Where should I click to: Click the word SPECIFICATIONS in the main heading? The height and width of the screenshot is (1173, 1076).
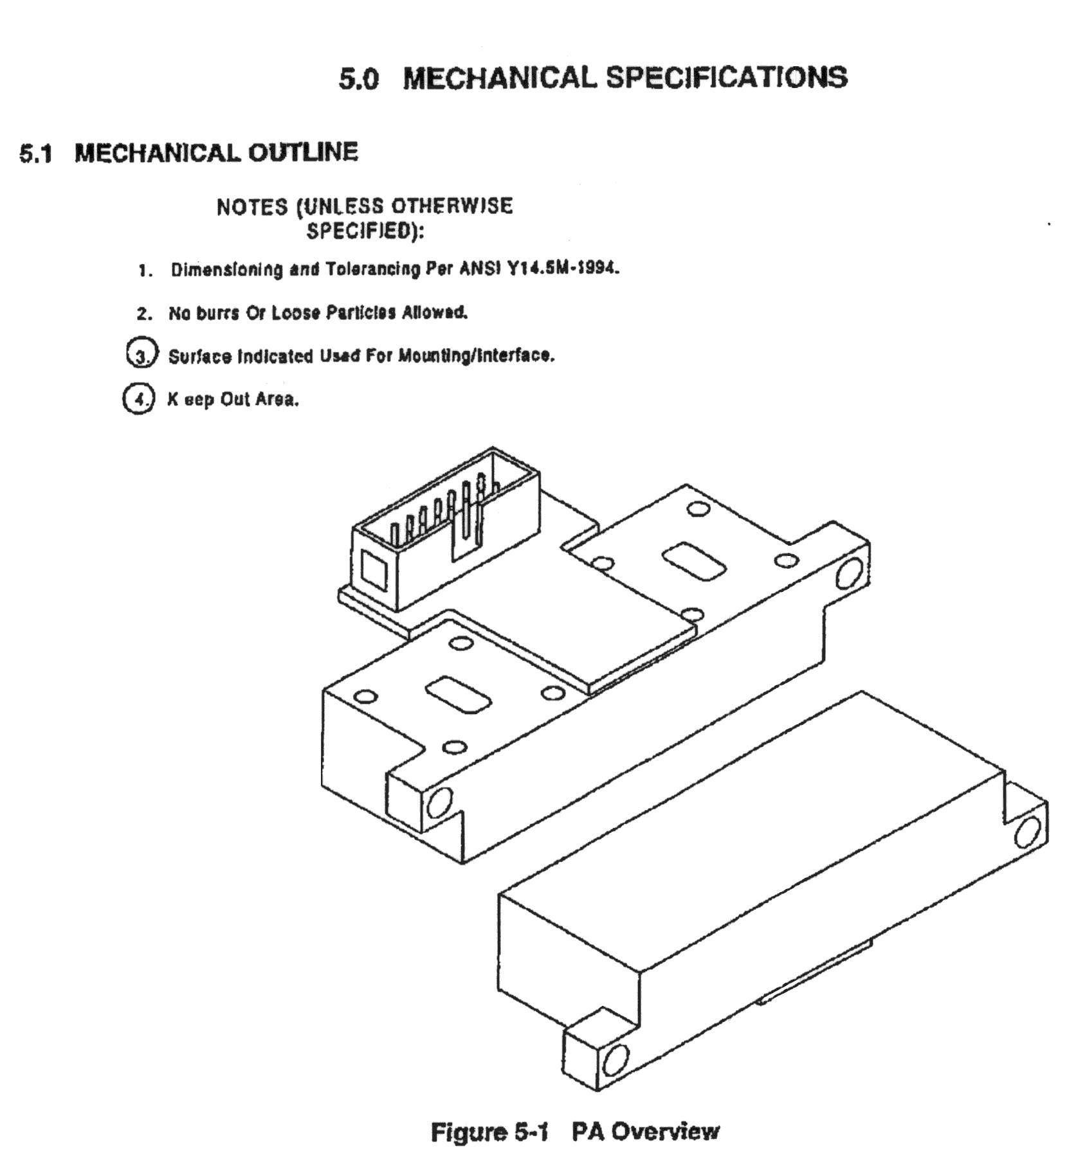click(x=727, y=78)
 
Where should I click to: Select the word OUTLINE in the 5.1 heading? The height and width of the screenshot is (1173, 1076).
click(x=303, y=152)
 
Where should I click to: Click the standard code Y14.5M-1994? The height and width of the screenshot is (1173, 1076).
click(x=563, y=267)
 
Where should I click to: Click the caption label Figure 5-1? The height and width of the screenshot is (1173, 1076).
click(x=489, y=1131)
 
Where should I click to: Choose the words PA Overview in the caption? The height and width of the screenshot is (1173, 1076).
click(x=646, y=1131)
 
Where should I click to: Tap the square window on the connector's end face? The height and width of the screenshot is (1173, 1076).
click(x=374, y=571)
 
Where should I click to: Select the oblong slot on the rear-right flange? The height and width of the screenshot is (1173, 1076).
click(x=693, y=561)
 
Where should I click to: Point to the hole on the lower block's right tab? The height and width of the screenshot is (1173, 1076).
click(x=1026, y=832)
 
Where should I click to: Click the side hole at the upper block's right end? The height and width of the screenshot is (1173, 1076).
click(x=849, y=574)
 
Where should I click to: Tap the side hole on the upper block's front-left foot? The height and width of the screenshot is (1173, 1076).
click(x=439, y=802)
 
